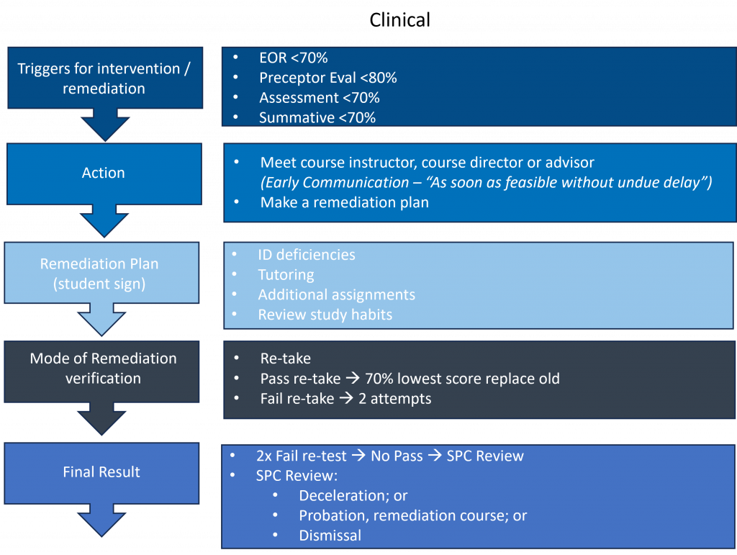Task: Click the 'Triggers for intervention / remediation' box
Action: pos(103,78)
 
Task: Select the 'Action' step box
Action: pos(103,173)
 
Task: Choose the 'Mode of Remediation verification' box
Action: pos(103,368)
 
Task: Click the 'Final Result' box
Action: pos(101,472)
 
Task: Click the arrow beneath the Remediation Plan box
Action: pos(101,319)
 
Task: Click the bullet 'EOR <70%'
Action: pos(293,58)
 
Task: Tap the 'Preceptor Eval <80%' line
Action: pos(327,78)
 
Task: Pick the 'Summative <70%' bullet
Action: pos(317,117)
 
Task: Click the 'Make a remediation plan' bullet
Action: pos(344,202)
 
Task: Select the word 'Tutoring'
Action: pos(286,274)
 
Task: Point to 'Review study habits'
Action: pos(325,315)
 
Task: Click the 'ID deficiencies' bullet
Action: pos(306,255)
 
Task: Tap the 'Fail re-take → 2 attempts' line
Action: pos(345,398)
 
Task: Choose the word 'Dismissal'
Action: pos(330,535)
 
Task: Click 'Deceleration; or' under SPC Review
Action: pos(353,495)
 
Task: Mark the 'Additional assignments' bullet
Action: pos(336,294)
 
